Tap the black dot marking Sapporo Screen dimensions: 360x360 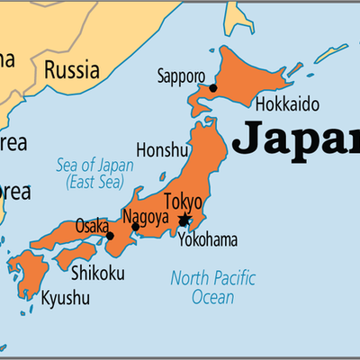pos(213,88)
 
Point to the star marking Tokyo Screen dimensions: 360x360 pos(184,220)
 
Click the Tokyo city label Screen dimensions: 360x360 pos(183,201)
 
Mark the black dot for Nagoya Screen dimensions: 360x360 pos(136,227)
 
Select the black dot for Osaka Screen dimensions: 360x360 pos(110,236)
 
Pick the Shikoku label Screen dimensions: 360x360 pos(99,273)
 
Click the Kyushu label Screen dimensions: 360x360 pos(65,297)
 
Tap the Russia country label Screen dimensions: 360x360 pos(72,67)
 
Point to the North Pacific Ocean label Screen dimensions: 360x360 pos(212,286)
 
